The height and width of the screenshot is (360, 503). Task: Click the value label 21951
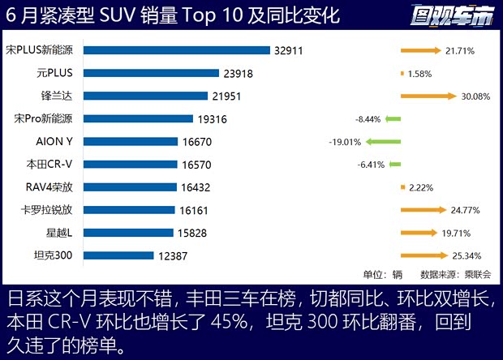[x=231, y=96]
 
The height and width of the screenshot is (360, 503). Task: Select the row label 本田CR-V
[x=49, y=164]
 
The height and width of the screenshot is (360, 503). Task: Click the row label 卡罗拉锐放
[x=49, y=210]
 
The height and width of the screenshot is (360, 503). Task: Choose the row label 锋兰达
[x=61, y=96]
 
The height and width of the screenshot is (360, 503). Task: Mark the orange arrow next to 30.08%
[x=428, y=96]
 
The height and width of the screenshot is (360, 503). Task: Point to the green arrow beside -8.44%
[x=393, y=119]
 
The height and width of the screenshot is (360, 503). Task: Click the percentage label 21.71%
[x=459, y=51]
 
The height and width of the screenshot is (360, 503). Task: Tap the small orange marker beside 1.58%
[x=402, y=74]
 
